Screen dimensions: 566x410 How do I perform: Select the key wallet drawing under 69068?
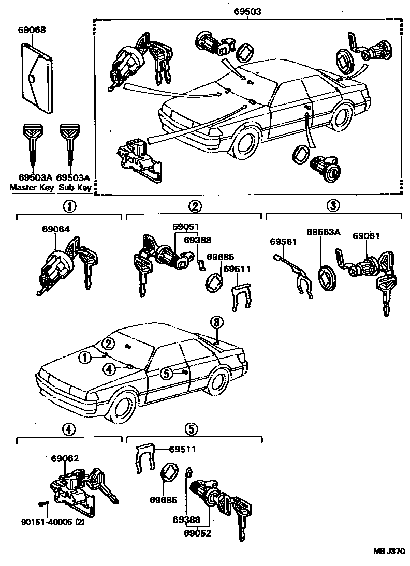[x=36, y=78]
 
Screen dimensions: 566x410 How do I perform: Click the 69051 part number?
[x=186, y=227]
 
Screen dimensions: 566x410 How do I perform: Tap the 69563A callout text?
[x=323, y=232]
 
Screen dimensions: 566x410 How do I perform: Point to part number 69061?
[x=366, y=236]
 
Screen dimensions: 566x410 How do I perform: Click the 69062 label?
[x=65, y=458]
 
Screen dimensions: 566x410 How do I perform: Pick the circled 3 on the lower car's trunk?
[x=217, y=323]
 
